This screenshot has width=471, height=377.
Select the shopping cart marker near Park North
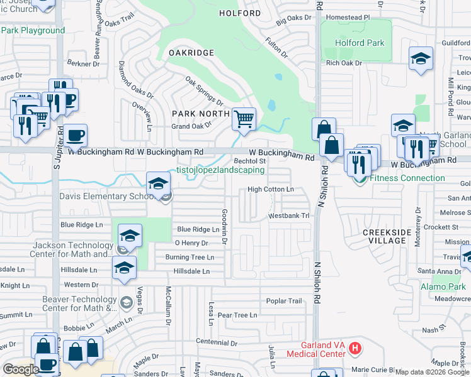click(x=244, y=118)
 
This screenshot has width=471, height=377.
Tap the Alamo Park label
click(x=444, y=287)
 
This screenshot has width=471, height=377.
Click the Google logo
click(x=21, y=369)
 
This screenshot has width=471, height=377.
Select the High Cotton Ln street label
click(x=271, y=189)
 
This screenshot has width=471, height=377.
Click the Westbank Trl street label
click(x=289, y=216)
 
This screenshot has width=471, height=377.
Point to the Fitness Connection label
click(x=407, y=178)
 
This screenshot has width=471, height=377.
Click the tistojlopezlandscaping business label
click(x=220, y=170)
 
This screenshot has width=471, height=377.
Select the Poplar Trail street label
click(x=284, y=301)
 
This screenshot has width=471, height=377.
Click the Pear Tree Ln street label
click(x=237, y=315)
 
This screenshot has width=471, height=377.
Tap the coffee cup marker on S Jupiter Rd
click(x=75, y=135)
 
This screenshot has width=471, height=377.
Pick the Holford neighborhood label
click(x=239, y=13)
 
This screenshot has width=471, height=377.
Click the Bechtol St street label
click(x=250, y=161)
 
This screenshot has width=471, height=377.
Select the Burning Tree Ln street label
click(x=190, y=257)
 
